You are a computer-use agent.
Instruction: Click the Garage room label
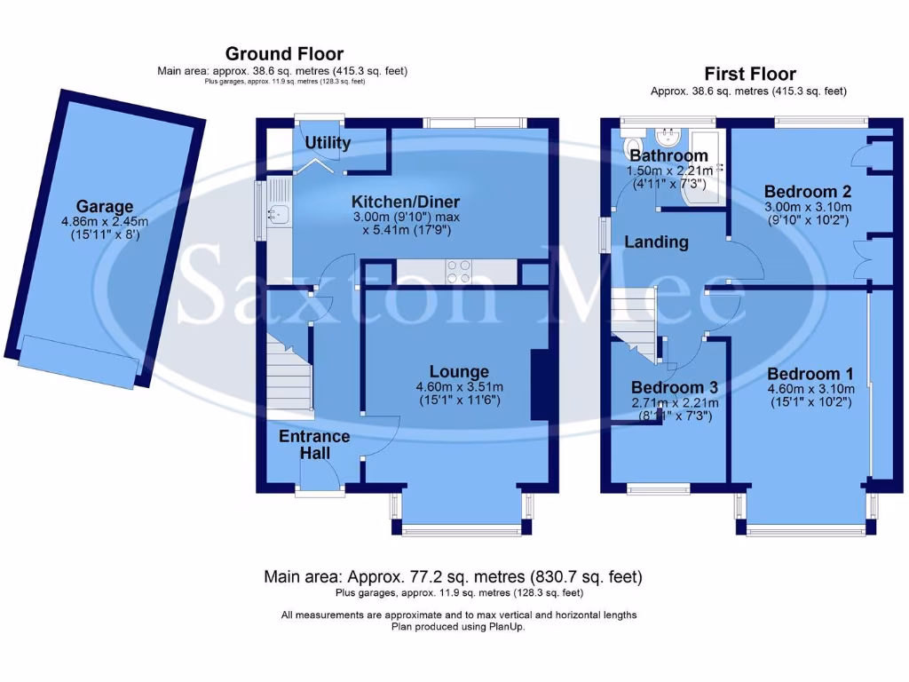pos(104,206)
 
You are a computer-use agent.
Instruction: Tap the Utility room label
pos(328,143)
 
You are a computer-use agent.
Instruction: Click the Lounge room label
pos(459,371)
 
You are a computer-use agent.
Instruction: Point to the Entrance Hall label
pos(314,445)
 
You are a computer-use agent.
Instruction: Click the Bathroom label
pos(668,156)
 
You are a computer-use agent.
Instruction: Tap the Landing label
pos(656,242)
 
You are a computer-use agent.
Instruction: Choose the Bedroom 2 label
pos(801,191)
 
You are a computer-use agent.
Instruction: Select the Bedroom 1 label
pos(803,374)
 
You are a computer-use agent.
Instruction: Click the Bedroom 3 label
pos(674,388)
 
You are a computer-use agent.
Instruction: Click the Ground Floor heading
pos(284,54)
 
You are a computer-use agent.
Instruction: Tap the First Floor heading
pos(750,74)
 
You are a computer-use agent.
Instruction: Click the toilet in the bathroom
pos(633,147)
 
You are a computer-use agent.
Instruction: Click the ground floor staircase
pos(291,373)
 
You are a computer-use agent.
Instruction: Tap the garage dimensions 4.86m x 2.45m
pos(104,222)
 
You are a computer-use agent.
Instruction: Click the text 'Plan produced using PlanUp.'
pos(458,626)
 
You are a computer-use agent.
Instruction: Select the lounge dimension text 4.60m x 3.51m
pos(459,386)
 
